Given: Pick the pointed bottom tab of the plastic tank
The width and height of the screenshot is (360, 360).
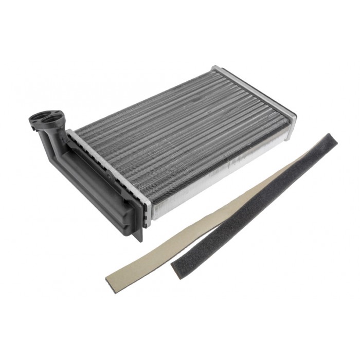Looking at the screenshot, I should tap(140, 235).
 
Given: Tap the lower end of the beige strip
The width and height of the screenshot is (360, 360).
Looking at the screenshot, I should tap(111, 280).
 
